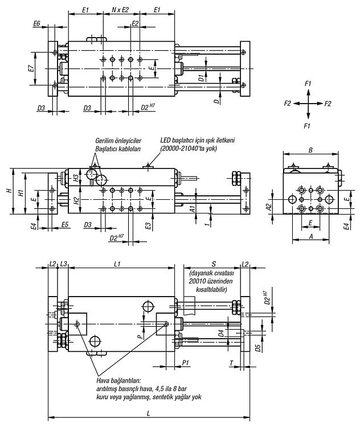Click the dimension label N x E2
[x=120, y=10]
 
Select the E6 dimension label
[x=37, y=24]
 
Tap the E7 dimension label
[x=31, y=68]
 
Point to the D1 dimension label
[x=201, y=78]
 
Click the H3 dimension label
[x=76, y=178]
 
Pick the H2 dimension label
[x=76, y=201]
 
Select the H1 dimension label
[x=21, y=193]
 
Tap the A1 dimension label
[x=192, y=209]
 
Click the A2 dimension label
[x=269, y=207]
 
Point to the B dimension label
[x=310, y=150]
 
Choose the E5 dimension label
[x=64, y=225]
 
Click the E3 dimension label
[x=148, y=226]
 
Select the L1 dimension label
[x=117, y=264]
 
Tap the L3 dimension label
[x=64, y=264]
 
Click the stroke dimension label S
[x=214, y=264]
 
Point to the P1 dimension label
[x=186, y=363]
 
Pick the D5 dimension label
[x=258, y=348]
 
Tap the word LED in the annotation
[x=165, y=141]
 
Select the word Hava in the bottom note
[x=102, y=380]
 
